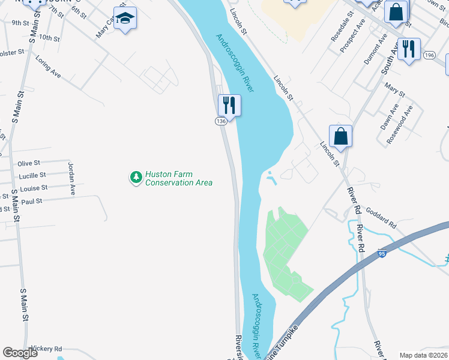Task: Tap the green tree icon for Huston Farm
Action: [136, 177]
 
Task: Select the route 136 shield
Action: [220, 121]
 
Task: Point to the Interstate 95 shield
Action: [382, 254]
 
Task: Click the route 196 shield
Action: [428, 55]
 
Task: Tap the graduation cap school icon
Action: [125, 19]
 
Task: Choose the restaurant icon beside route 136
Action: [229, 106]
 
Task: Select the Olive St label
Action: [29, 163]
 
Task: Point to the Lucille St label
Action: [32, 175]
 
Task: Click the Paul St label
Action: [31, 202]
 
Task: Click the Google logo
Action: [20, 353]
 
